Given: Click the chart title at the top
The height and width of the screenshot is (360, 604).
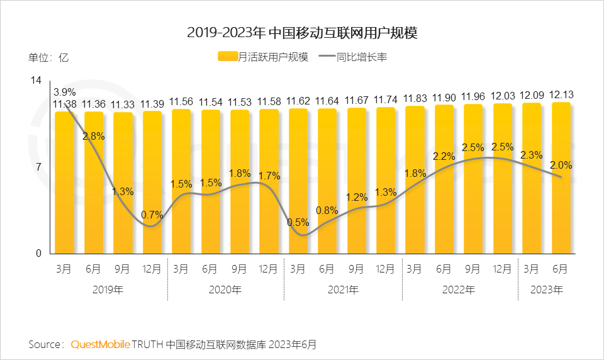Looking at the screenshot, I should coord(302,33).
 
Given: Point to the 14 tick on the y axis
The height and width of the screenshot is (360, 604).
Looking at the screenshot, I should coord(36,81).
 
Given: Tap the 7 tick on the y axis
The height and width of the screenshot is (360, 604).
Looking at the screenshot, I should coord(38,167).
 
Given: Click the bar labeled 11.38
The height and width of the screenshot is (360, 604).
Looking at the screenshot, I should coord(65,183).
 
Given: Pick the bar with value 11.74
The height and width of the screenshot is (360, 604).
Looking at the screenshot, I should coord(385,180).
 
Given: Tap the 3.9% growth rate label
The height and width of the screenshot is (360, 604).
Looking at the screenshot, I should coord(65,92).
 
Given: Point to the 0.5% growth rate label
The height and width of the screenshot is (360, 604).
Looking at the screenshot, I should coord(298,222).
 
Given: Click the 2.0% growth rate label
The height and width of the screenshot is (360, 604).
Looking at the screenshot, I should coord(561,165).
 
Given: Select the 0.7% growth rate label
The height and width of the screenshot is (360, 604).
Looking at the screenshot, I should coord(152,215).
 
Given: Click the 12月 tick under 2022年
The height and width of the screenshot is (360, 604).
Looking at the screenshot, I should coord(502,269).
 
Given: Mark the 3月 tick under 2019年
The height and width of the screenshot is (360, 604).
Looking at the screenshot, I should coord(64,269).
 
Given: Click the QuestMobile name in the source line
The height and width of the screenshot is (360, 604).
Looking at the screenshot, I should coord(101,344).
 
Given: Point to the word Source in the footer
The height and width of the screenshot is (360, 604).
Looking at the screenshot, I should coord(45,344).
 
